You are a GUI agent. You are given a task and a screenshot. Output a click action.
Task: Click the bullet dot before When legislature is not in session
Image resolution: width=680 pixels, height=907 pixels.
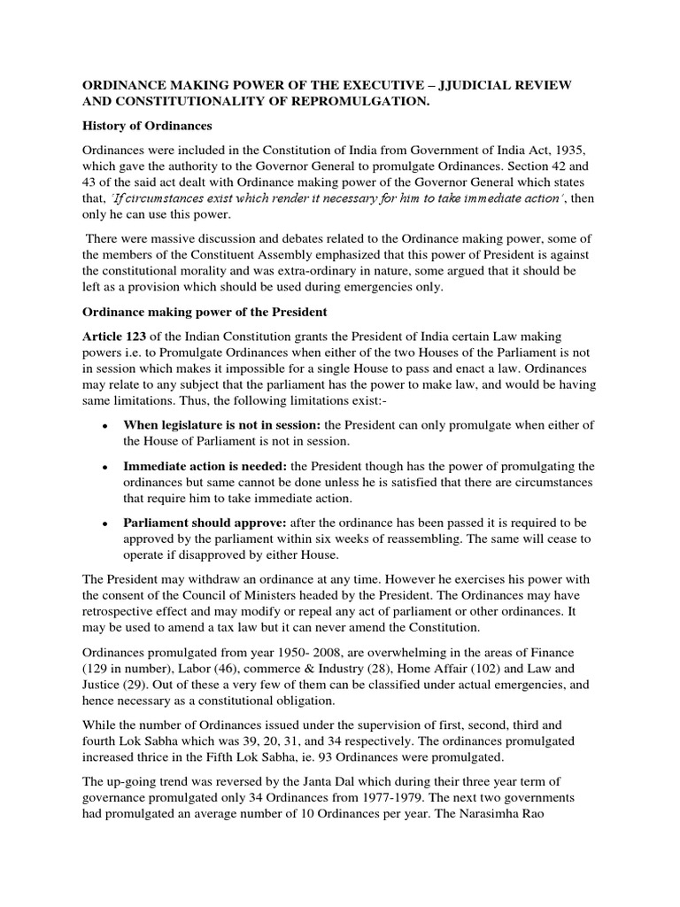tap(104, 425)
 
